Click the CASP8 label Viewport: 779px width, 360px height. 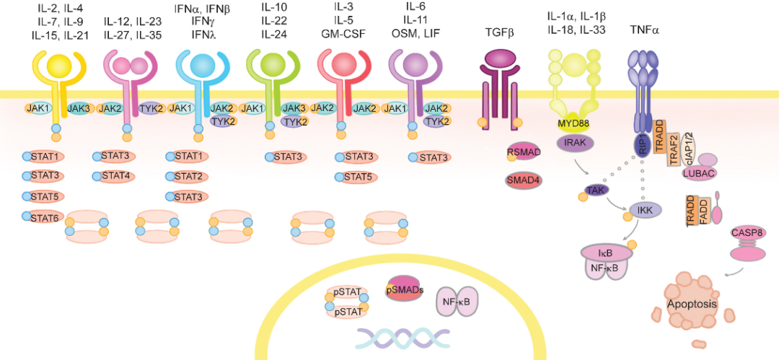[x=747, y=231]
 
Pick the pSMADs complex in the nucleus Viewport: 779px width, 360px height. [x=403, y=289]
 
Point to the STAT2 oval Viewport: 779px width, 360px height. [x=186, y=177]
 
